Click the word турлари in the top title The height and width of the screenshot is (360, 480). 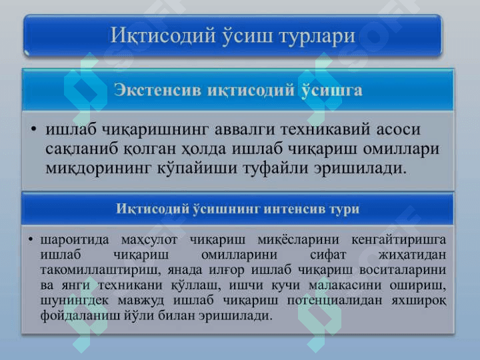[317, 36]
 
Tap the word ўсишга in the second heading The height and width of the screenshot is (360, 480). [332, 91]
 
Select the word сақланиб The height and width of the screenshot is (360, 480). [82, 149]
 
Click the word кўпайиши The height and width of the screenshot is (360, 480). [197, 168]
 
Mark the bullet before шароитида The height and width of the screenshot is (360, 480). [30, 239]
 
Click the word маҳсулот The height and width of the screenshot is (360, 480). [149, 240]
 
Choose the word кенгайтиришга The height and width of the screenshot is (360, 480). [399, 240]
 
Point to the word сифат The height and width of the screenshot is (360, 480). [327, 255]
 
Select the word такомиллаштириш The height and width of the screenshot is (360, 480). [100, 270]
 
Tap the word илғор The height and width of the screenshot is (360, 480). [227, 271]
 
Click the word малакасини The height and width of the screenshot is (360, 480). [345, 285]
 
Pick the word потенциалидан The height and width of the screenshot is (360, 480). [334, 301]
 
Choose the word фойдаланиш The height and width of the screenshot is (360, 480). [80, 315]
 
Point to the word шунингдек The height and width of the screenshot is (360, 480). [75, 301]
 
